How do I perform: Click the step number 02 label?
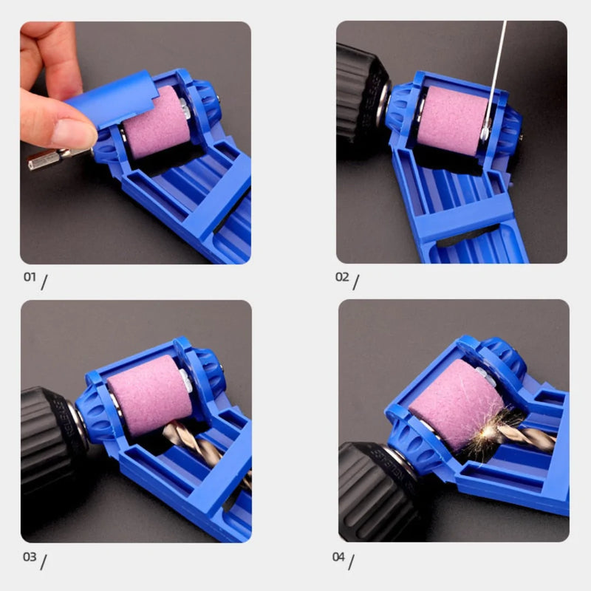click(x=342, y=278)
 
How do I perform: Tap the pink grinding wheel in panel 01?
click(x=157, y=123)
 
